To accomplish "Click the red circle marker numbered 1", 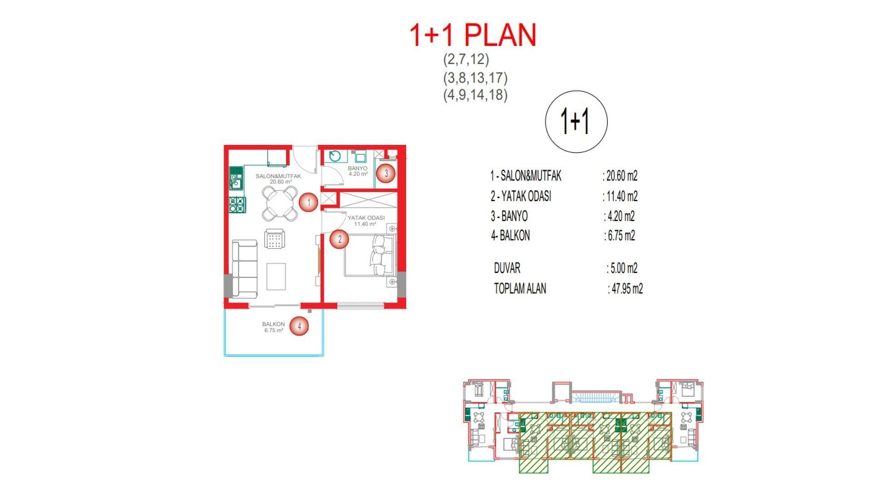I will pyautogui.click(x=309, y=202).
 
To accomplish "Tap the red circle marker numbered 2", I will pyautogui.click(x=339, y=239).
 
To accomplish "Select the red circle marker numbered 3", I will pyautogui.click(x=386, y=173).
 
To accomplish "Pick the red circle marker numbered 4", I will pyautogui.click(x=299, y=326).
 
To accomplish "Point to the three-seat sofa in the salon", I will pyautogui.click(x=245, y=269).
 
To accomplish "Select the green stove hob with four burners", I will pyautogui.click(x=237, y=205).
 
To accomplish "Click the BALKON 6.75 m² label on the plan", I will pyautogui.click(x=273, y=327).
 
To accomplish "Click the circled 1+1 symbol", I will pyautogui.click(x=576, y=121).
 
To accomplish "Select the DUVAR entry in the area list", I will pyautogui.click(x=507, y=268).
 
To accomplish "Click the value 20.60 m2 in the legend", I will pyautogui.click(x=621, y=176).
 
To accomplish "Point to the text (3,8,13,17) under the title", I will pyautogui.click(x=475, y=78).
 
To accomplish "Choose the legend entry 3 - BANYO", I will pyautogui.click(x=509, y=216).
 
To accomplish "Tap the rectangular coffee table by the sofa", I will pyautogui.click(x=276, y=276).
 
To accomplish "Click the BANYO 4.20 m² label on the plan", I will pyautogui.click(x=357, y=171).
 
